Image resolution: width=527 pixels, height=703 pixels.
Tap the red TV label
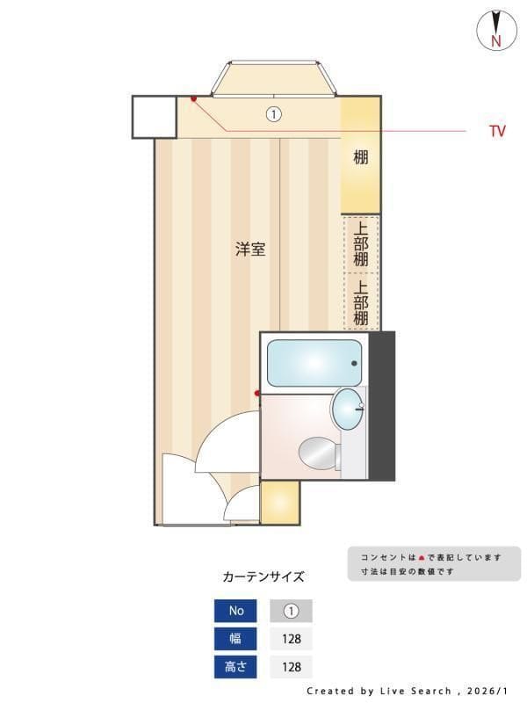(x=497, y=132)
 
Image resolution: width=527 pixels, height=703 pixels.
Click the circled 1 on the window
(x=273, y=114)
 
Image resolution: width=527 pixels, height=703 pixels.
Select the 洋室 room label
(x=250, y=249)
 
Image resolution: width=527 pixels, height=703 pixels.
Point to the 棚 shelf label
(x=360, y=158)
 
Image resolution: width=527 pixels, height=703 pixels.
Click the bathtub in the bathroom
(x=314, y=363)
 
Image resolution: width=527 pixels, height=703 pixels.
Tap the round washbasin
(x=348, y=409)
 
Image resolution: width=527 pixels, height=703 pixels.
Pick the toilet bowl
(x=319, y=453)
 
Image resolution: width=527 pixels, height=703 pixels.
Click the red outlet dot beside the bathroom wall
(x=257, y=393)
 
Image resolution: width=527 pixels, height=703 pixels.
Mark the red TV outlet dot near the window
(x=193, y=98)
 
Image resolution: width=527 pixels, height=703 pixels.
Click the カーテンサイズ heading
(x=263, y=576)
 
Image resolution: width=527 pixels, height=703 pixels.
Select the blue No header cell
(x=236, y=611)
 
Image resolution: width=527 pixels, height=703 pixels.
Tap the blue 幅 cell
(x=236, y=639)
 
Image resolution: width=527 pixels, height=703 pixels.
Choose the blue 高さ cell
(x=236, y=667)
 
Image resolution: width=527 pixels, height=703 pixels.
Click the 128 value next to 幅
(x=291, y=639)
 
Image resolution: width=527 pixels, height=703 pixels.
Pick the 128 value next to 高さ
(x=291, y=667)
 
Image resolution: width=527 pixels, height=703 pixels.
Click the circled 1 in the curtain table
(x=291, y=611)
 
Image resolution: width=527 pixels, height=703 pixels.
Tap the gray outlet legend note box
(x=434, y=563)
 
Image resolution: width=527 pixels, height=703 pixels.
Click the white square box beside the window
(x=155, y=117)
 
